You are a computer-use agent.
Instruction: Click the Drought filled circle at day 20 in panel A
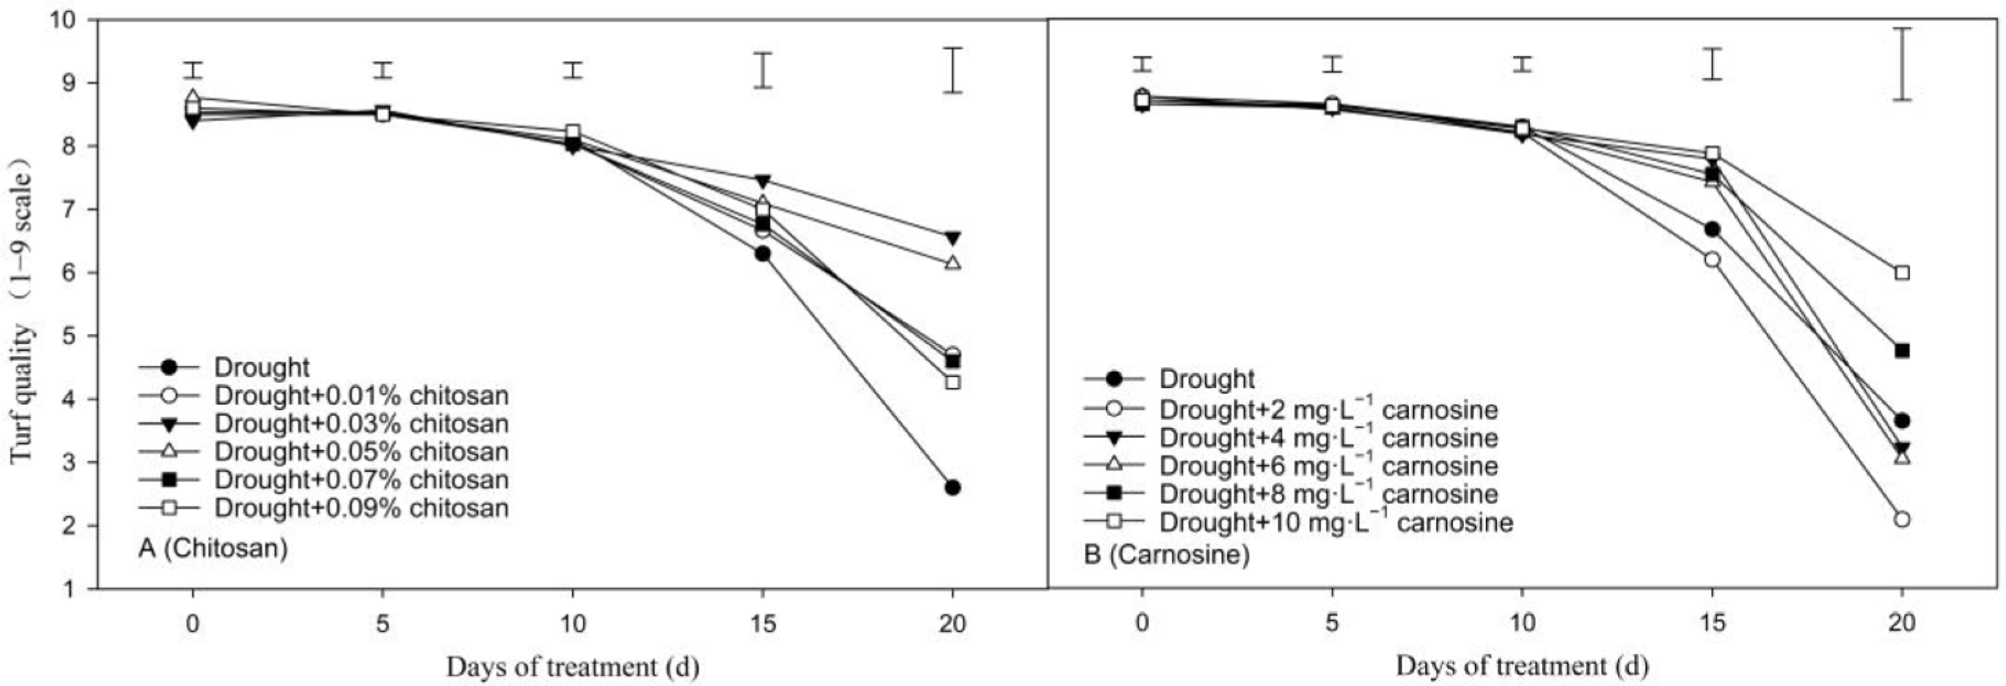951,487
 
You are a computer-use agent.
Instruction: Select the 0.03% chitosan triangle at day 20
951,238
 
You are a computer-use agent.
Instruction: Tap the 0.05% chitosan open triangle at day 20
951,263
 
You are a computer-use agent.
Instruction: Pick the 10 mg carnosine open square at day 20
1902,272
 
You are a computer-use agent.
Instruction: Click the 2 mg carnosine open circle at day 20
1902,519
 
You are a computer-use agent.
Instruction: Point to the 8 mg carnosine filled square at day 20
1902,351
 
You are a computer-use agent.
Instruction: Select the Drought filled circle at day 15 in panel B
1711,229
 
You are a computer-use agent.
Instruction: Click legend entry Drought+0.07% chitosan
361,480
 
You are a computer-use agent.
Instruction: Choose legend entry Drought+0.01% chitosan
361,396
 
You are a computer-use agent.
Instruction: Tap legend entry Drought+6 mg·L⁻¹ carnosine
1328,465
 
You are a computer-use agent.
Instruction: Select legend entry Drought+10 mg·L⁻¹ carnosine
1336,522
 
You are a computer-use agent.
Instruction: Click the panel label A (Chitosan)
213,548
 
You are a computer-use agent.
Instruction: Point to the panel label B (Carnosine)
1166,555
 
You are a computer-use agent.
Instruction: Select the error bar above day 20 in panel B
1902,64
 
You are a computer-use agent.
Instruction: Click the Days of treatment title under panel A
573,667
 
